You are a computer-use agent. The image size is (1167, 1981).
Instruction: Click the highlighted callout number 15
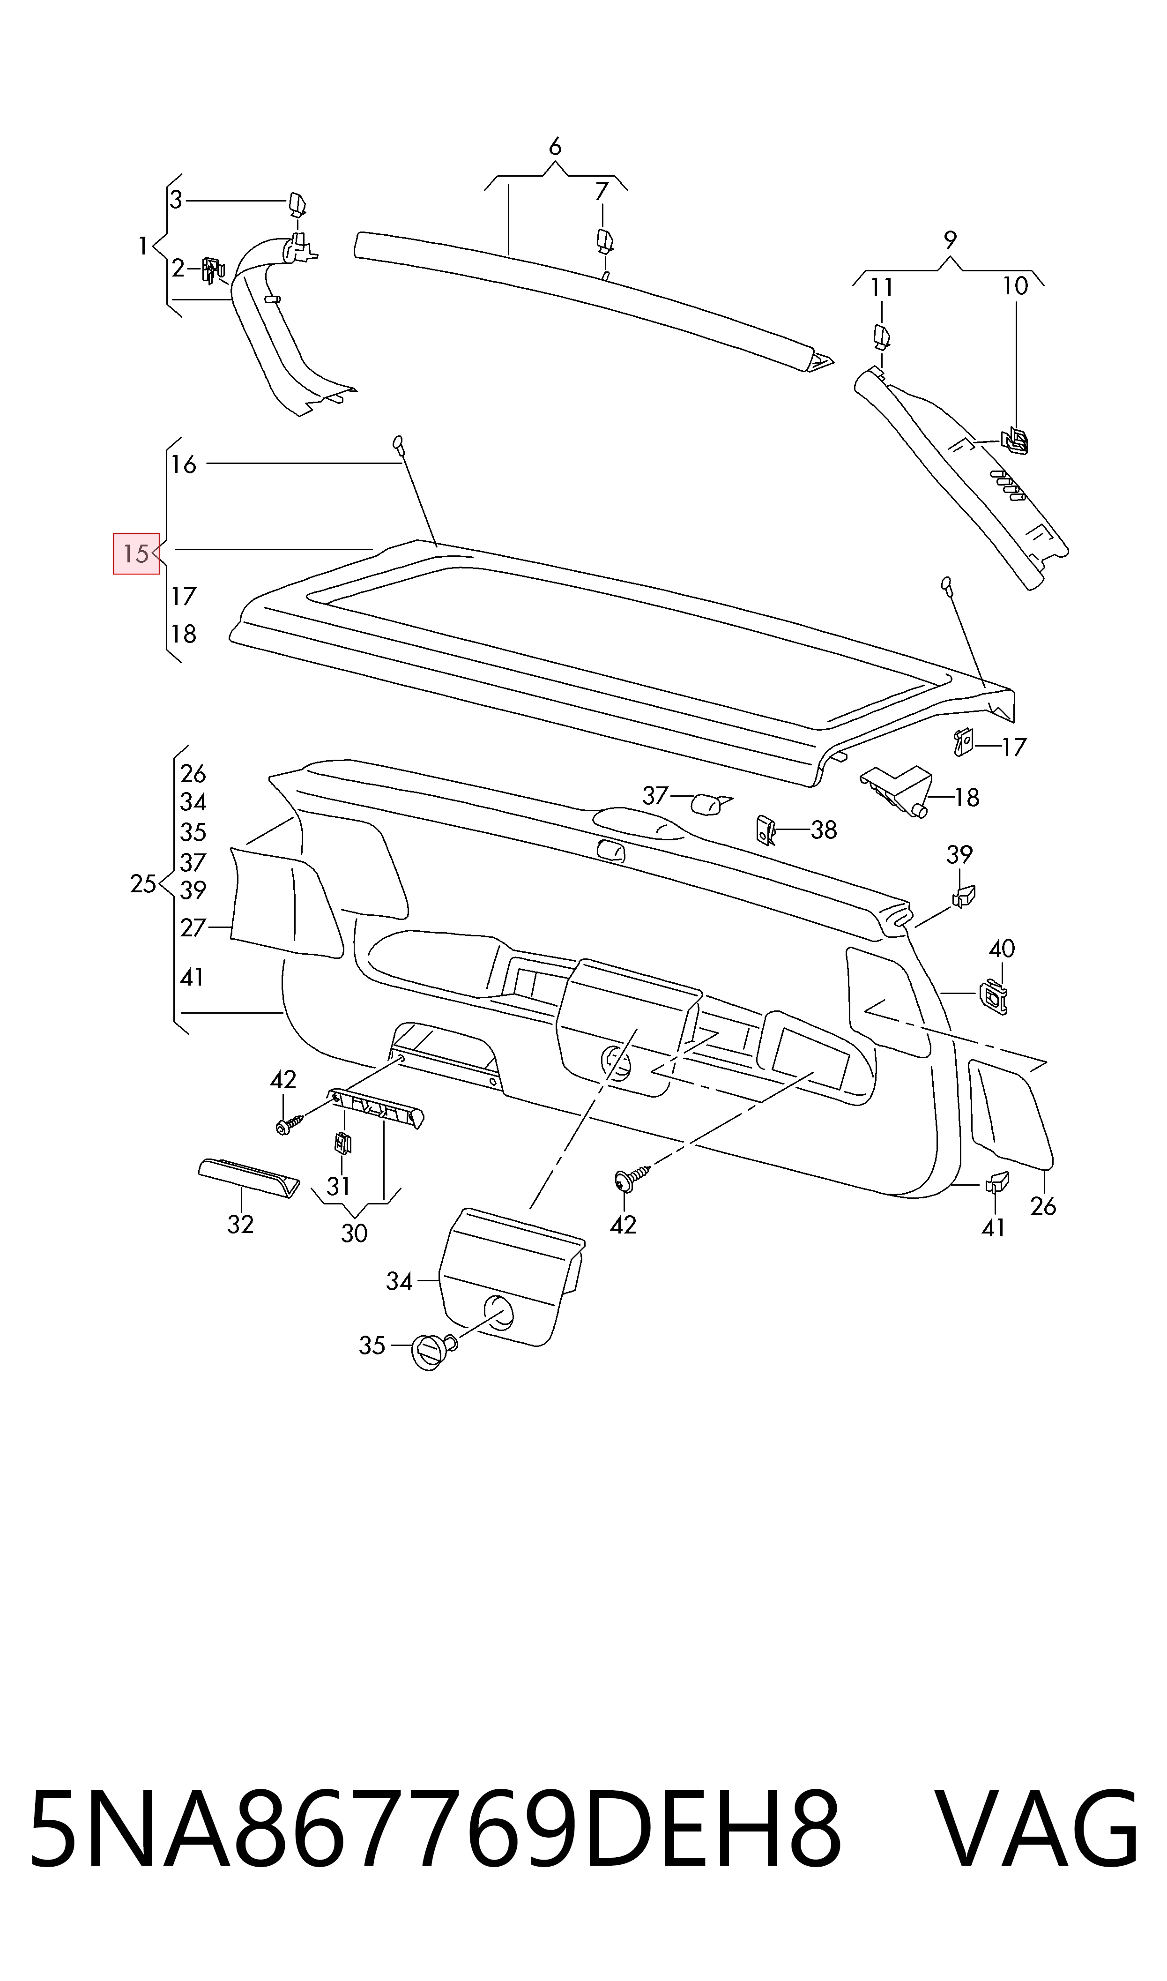(136, 553)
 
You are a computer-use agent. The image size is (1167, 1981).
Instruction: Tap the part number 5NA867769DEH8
(435, 1829)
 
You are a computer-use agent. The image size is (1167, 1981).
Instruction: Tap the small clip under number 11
(882, 336)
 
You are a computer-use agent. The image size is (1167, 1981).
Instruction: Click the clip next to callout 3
(297, 204)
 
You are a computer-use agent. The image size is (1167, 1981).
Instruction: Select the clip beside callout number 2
(212, 270)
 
